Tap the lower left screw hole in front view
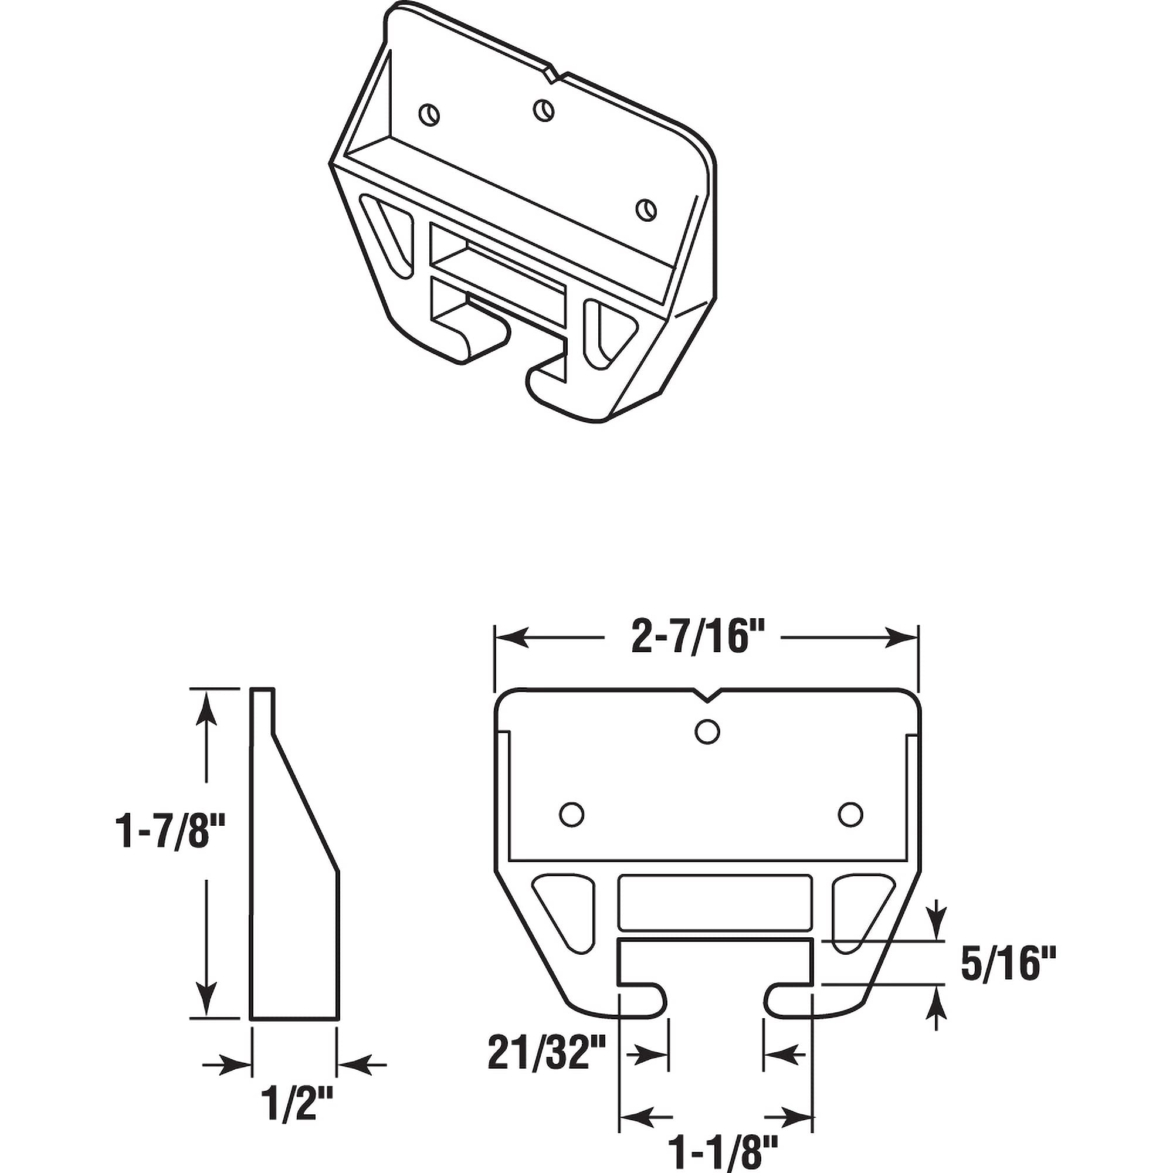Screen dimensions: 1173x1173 [x=571, y=814]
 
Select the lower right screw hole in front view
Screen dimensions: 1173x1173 [x=850, y=814]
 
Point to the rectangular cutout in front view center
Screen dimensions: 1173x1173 [x=714, y=901]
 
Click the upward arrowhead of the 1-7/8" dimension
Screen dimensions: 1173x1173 [x=208, y=704]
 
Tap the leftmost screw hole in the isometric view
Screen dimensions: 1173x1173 [x=429, y=114]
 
